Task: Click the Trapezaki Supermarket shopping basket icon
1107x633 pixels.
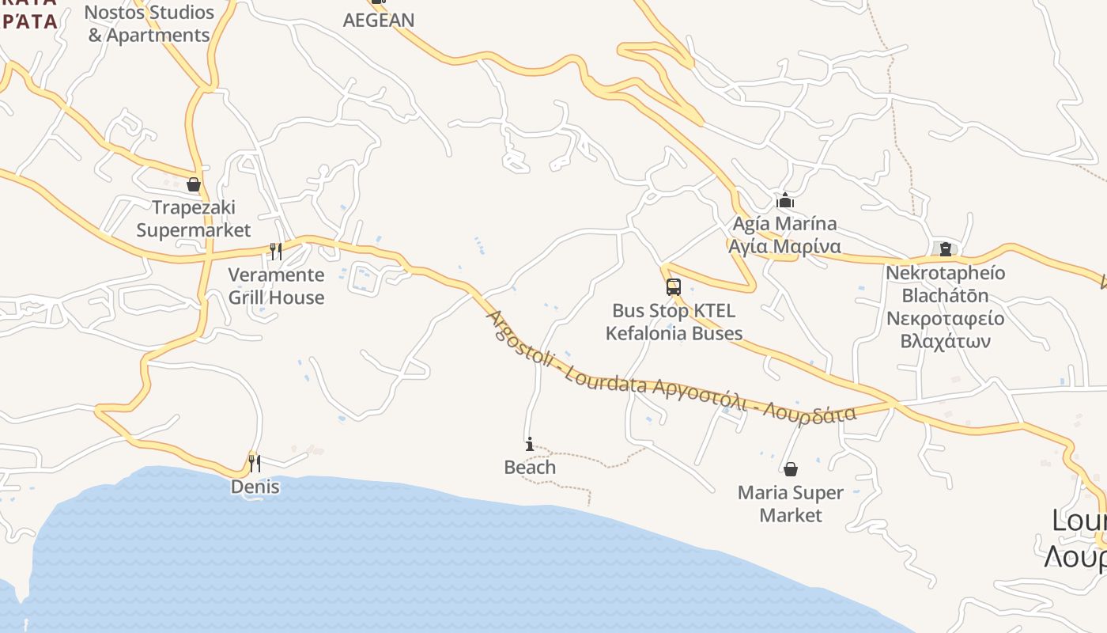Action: [194, 185]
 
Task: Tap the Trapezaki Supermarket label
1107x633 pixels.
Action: [194, 219]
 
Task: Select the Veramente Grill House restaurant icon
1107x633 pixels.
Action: [276, 252]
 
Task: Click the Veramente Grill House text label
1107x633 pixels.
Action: [276, 286]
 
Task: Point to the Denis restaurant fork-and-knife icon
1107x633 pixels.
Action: [255, 463]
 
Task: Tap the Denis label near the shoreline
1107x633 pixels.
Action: [255, 487]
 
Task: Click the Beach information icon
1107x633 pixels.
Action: [530, 445]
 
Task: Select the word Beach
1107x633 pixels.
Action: [530, 468]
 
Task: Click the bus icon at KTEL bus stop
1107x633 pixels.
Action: [674, 287]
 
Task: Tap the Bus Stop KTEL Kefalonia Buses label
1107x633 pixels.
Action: [674, 322]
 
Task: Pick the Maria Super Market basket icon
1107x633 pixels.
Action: [790, 469]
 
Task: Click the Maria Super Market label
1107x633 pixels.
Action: [790, 504]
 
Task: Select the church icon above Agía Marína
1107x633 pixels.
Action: [784, 200]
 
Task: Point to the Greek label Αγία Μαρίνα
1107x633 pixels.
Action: [784, 246]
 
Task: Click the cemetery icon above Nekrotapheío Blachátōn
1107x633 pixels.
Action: [945, 249]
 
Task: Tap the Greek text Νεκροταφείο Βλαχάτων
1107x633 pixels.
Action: [945, 330]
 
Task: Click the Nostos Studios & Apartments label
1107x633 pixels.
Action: [149, 24]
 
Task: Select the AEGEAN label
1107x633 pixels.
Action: [379, 21]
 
